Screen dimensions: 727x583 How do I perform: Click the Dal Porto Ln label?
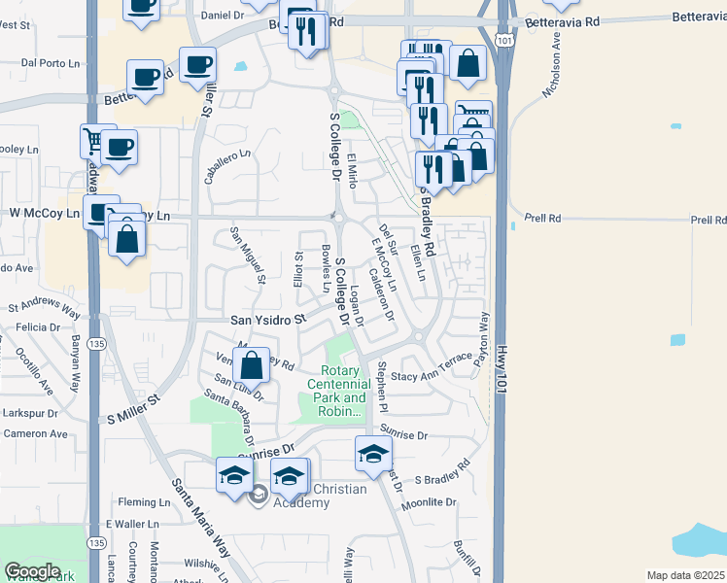[x=50, y=63]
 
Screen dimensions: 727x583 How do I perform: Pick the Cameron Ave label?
[x=35, y=434]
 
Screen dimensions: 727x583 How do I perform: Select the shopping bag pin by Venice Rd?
[x=251, y=366]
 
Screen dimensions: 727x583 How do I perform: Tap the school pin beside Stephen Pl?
[x=373, y=454]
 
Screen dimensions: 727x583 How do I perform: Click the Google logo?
[x=33, y=570]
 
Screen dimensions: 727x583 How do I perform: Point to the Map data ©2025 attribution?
[x=685, y=575]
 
